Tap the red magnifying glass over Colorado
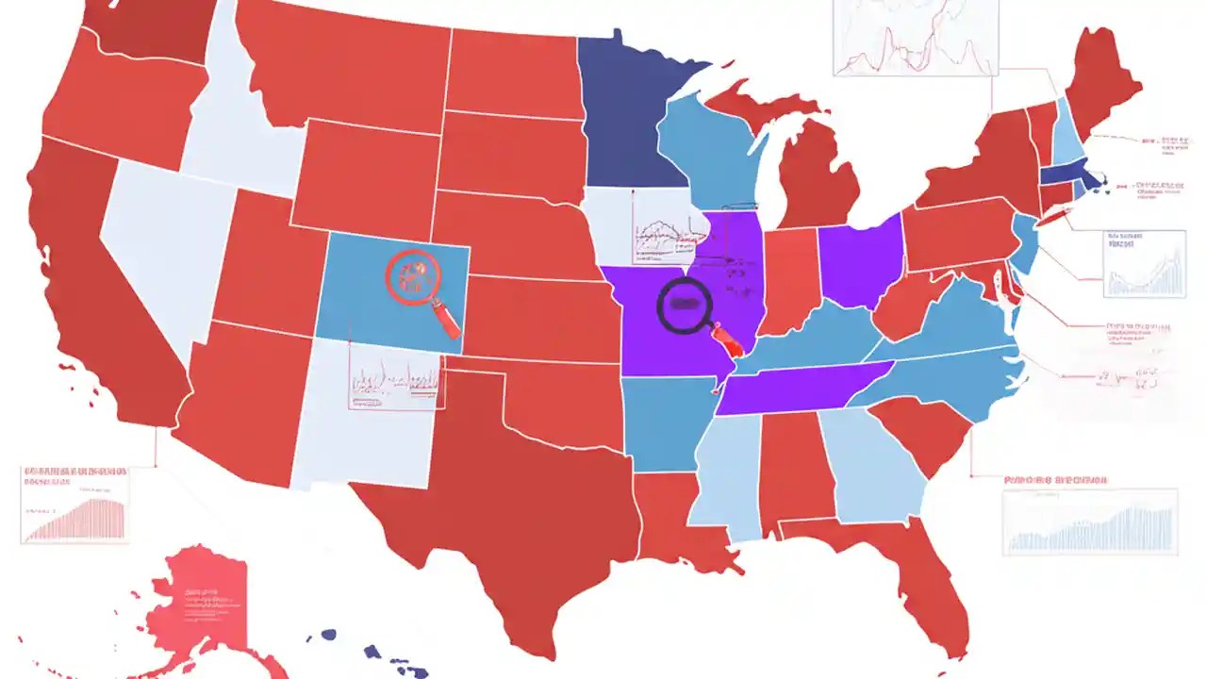click(415, 278)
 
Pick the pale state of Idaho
click(231, 123)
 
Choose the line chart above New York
click(915, 38)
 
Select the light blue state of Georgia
click(877, 467)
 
